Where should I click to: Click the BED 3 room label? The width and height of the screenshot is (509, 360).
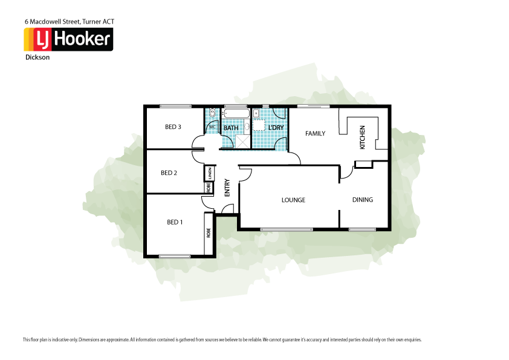click(173, 127)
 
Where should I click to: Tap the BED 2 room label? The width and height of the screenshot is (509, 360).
click(169, 173)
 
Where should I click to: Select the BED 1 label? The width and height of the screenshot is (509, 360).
click(175, 223)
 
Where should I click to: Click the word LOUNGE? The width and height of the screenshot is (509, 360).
click(293, 200)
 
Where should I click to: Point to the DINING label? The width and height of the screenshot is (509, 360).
click(363, 200)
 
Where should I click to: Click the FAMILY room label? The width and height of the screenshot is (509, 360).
click(315, 134)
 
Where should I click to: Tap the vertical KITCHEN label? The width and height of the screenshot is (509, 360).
click(363, 137)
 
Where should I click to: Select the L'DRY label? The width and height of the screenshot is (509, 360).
click(276, 128)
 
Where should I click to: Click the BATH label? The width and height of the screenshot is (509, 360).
click(231, 128)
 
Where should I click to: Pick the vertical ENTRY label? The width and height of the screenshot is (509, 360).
click(227, 188)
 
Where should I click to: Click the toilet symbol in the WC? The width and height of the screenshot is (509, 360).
click(212, 114)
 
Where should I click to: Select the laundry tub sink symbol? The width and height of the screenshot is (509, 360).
click(256, 113)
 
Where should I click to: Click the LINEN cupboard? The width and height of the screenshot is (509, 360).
click(209, 173)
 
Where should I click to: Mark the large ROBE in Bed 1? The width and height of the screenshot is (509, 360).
click(209, 232)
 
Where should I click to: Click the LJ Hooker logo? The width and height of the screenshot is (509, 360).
click(68, 40)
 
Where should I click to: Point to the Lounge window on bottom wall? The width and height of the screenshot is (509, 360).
click(287, 229)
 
